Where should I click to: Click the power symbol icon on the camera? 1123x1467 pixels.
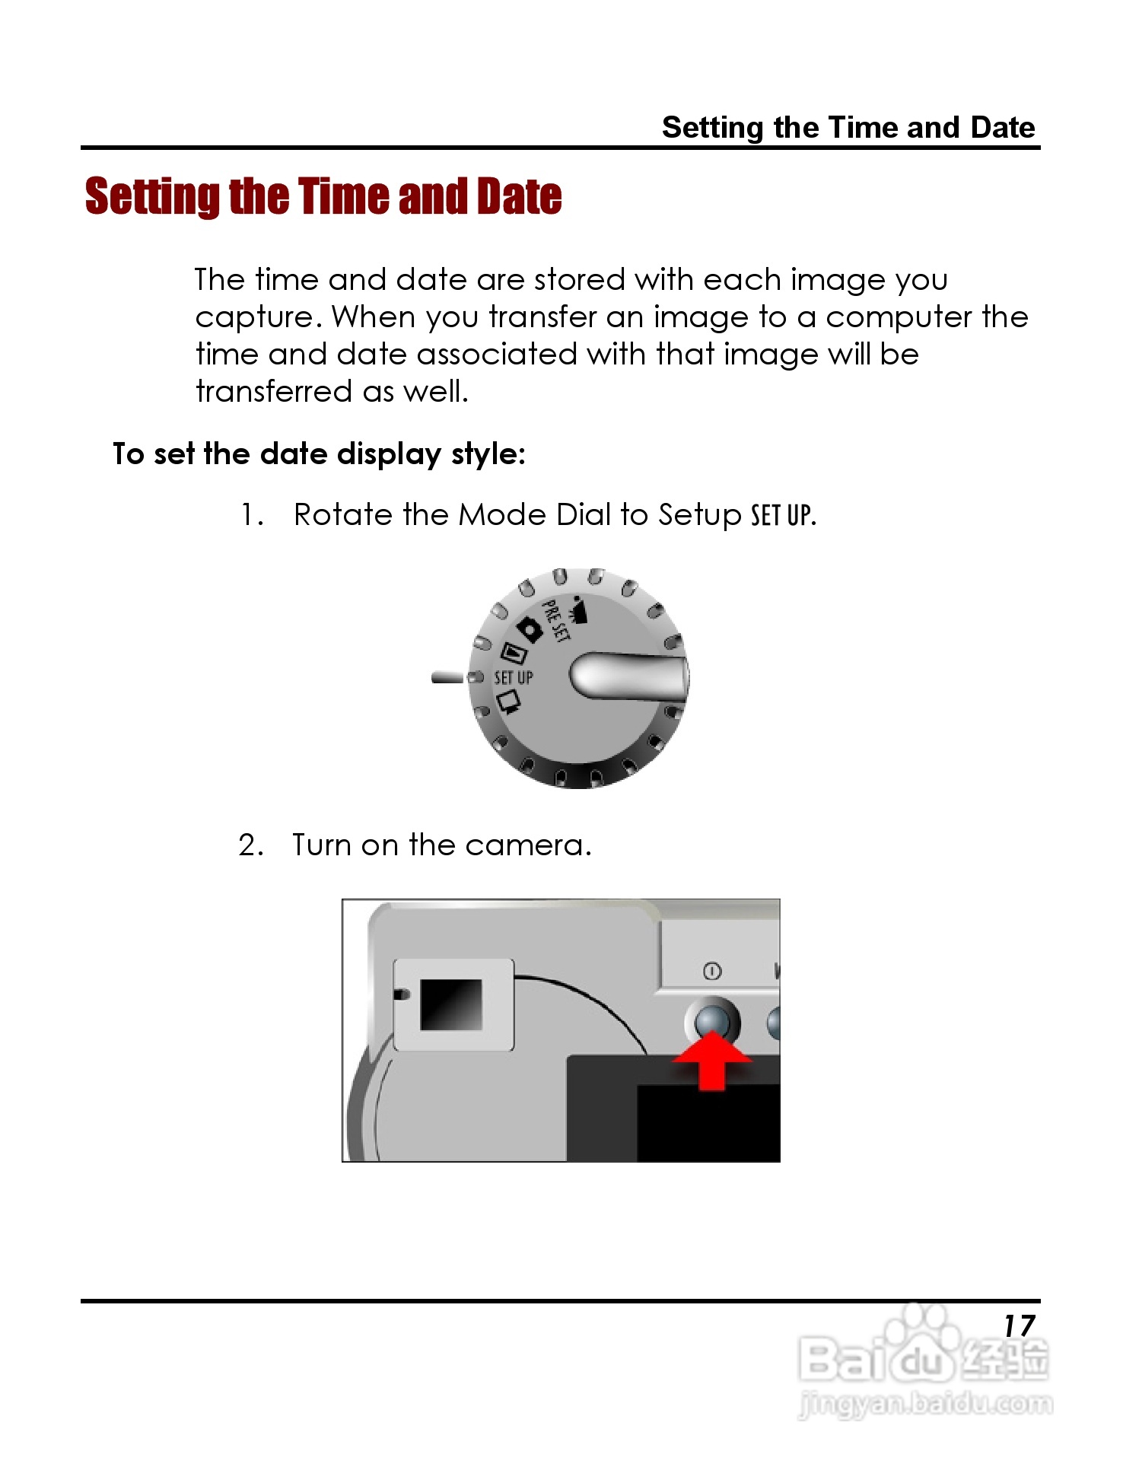point(712,971)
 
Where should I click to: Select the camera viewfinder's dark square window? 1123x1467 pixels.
point(451,1004)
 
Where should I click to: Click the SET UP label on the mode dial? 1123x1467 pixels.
point(514,677)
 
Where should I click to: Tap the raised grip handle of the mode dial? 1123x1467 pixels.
point(628,677)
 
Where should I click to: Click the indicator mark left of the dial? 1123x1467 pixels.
point(447,677)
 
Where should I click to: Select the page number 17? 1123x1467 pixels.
point(1019,1326)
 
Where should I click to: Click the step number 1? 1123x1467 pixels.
point(250,516)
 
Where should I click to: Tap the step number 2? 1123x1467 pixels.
point(250,845)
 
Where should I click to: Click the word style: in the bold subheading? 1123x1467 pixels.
point(488,454)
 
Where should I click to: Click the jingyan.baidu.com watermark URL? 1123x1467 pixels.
point(926,1402)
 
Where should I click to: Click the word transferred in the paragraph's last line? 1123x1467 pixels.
point(274,392)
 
